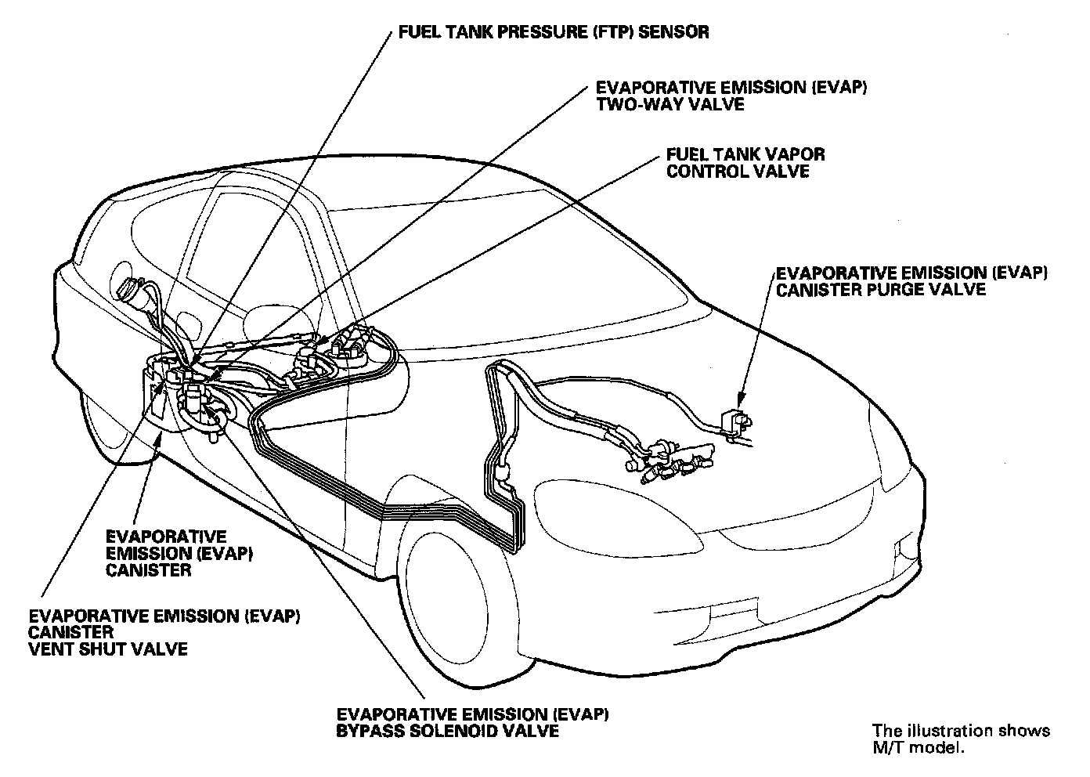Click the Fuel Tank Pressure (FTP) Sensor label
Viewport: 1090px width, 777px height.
[554, 32]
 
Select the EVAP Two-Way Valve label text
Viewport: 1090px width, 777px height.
[731, 96]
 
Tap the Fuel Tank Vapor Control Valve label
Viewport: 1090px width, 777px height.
[745, 163]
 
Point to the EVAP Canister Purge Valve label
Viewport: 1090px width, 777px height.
[911, 280]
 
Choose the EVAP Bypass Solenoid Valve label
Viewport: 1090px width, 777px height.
[473, 722]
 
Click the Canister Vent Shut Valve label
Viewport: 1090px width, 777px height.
[164, 632]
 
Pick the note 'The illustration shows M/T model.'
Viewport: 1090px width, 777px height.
[962, 738]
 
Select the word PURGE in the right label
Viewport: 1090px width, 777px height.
[886, 289]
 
